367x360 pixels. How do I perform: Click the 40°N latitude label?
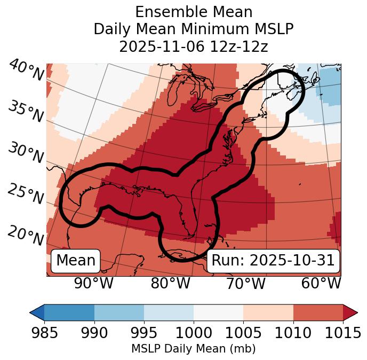click(26, 71)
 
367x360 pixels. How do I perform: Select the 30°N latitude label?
click(26, 153)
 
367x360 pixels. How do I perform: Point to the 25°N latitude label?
click(26, 194)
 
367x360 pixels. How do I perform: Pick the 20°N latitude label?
click(26, 235)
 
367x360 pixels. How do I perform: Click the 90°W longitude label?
click(93, 284)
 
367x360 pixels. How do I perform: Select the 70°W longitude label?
click(246, 284)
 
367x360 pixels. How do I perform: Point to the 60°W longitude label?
click(321, 284)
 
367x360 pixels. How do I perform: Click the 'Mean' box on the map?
click(76, 261)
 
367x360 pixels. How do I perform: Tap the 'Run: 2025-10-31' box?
click(273, 261)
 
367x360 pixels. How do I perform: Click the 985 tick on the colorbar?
click(44, 333)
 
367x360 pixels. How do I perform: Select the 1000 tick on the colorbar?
click(193, 333)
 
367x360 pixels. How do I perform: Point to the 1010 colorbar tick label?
click(293, 333)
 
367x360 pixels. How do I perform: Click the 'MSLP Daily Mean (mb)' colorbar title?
click(193, 349)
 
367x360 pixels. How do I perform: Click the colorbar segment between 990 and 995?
click(119, 312)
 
